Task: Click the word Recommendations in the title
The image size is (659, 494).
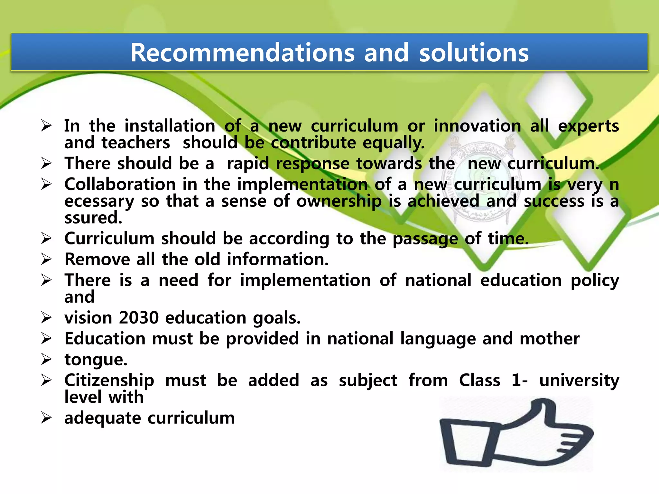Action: [x=242, y=53]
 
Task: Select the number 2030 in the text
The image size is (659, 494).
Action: [x=139, y=318]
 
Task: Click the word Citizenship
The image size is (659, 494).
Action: [x=109, y=380]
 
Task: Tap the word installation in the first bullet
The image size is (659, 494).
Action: [x=170, y=126]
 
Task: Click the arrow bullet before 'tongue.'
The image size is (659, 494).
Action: [x=46, y=360]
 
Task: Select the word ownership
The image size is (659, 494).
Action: [x=339, y=201]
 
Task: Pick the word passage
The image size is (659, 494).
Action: [x=425, y=239]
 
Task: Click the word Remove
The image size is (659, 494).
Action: [x=97, y=260]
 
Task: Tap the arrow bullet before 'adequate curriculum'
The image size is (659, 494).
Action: [x=46, y=418]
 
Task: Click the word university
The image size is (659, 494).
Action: [x=579, y=380]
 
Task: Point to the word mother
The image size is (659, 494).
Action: [x=549, y=339]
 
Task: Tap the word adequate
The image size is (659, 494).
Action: [x=103, y=418]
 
